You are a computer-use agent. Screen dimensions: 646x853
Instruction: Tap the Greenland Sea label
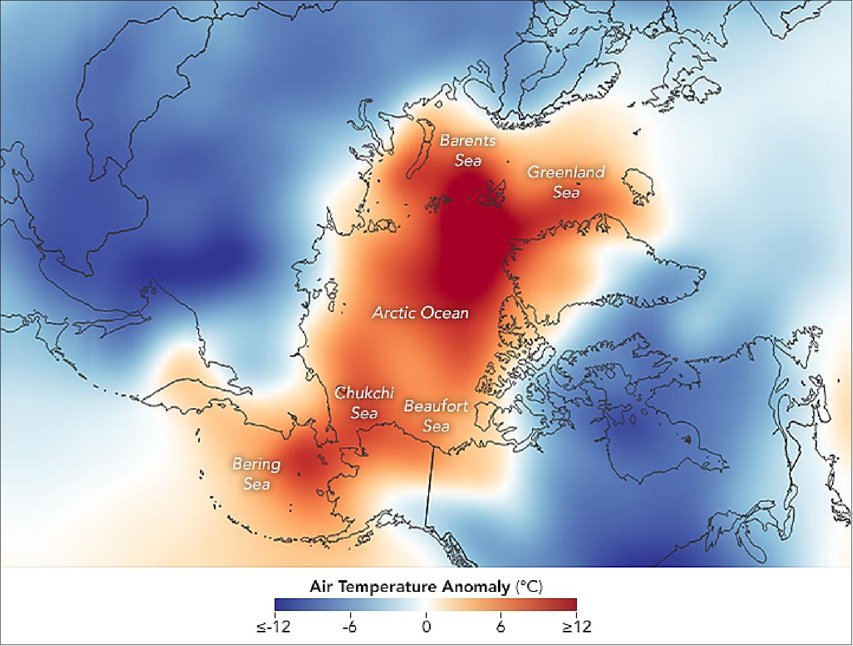coord(566,182)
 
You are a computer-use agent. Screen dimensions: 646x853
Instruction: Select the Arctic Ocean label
coord(420,313)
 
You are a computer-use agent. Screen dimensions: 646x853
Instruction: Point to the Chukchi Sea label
coord(364,403)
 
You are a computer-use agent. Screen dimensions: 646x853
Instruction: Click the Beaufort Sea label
coord(436,416)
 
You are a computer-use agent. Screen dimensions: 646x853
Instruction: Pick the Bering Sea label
coord(257,473)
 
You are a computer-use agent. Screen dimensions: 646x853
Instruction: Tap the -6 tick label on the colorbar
coord(349,627)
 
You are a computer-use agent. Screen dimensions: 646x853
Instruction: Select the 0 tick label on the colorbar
coord(426,627)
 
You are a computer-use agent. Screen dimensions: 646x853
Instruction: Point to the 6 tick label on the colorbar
coord(501,627)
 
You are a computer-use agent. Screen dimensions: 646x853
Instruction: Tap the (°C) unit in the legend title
coord(529,587)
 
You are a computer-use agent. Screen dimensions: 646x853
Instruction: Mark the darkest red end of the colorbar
coord(573,605)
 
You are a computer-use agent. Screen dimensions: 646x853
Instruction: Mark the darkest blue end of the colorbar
coord(278,605)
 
